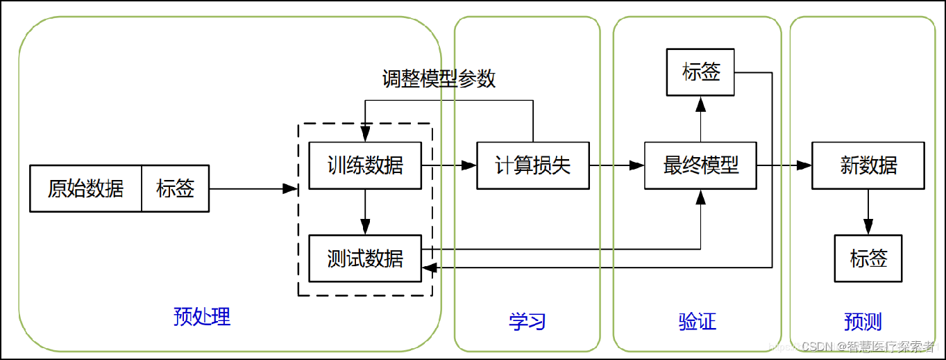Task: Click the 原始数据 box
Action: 85,188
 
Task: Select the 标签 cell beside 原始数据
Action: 175,188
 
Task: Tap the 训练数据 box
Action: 365,166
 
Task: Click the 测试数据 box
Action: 365,259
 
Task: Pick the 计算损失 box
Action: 533,166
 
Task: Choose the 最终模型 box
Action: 700,166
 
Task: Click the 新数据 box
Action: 868,166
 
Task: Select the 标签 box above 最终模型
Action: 700,72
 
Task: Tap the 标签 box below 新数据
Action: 868,259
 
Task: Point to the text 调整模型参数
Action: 439,79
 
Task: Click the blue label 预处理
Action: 202,317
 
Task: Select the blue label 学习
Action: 527,322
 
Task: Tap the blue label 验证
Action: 697,322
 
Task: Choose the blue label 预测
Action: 863,322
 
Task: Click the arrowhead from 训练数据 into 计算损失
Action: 470,166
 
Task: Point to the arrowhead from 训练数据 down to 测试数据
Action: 365,227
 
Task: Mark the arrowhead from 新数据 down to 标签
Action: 868,227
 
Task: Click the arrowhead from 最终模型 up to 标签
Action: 700,104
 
